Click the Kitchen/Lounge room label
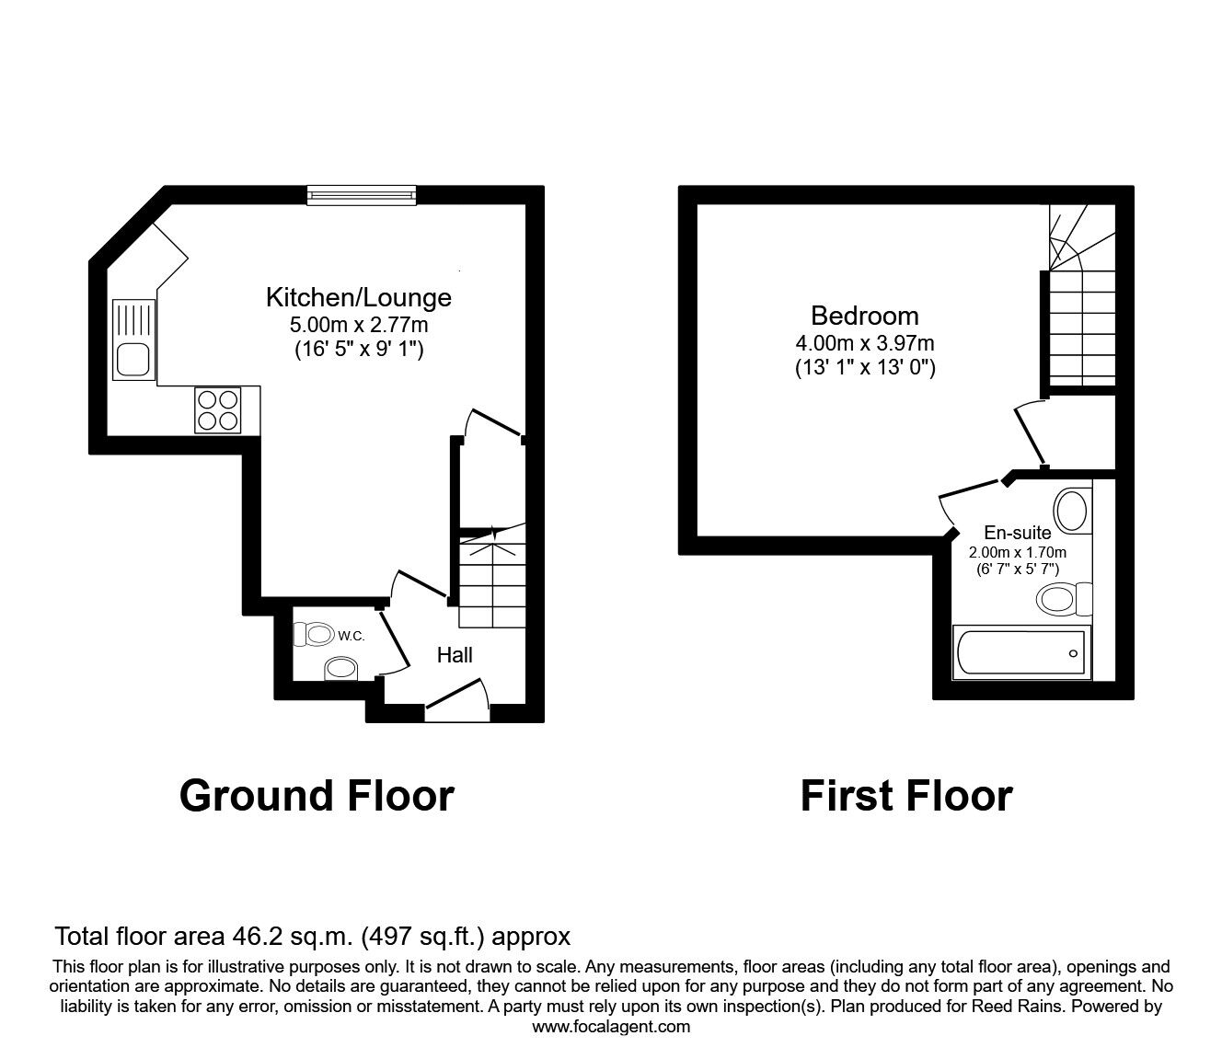click(x=358, y=297)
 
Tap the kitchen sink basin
click(x=133, y=359)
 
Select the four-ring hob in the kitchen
click(x=218, y=410)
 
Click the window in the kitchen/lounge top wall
click(x=362, y=196)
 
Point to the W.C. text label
click(x=352, y=636)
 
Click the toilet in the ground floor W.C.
click(x=314, y=635)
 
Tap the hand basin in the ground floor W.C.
click(x=341, y=670)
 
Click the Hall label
click(x=455, y=655)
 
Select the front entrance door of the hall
click(x=457, y=701)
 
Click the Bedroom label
click(x=864, y=316)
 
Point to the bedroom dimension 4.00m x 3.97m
click(x=864, y=343)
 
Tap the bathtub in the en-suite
click(x=1021, y=652)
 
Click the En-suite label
click(x=1018, y=533)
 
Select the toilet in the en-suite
click(x=1064, y=599)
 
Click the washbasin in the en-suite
click(x=1072, y=511)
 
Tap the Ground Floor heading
click(x=317, y=796)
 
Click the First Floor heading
click(x=906, y=796)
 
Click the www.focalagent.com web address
click(x=611, y=1027)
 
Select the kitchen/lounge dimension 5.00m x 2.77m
click(x=358, y=325)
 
